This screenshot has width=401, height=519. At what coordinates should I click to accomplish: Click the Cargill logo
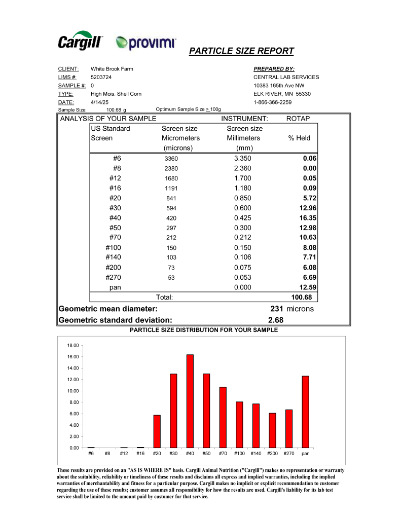[x=81, y=42]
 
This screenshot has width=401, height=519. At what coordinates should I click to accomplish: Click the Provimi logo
[x=145, y=43]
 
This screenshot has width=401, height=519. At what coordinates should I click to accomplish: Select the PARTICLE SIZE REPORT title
[x=241, y=51]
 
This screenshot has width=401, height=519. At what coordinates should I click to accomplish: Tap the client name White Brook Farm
[x=112, y=69]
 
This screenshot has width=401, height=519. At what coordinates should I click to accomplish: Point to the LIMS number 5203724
[x=101, y=77]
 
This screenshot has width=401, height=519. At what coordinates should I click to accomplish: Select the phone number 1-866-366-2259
[x=272, y=102]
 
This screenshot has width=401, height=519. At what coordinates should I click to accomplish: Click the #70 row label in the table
[x=115, y=237]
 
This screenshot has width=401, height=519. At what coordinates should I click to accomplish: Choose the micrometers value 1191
[x=172, y=189]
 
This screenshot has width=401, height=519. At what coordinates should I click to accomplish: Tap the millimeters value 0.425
[x=243, y=217]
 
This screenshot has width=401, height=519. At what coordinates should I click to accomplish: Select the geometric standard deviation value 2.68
[x=275, y=320]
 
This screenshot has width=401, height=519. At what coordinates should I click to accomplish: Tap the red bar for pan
[x=305, y=412]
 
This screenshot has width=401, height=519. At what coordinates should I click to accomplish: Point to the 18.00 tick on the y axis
[x=74, y=345]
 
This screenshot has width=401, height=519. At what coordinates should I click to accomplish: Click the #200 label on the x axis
[x=272, y=454]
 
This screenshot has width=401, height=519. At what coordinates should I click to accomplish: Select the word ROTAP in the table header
[x=298, y=119]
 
